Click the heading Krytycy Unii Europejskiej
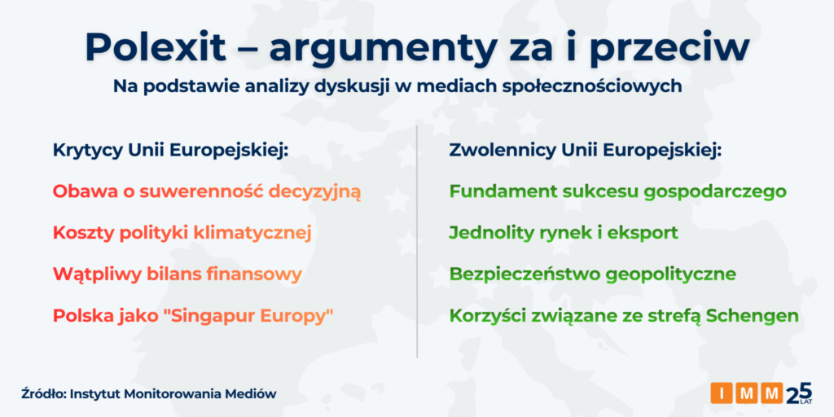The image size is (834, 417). click(x=170, y=151)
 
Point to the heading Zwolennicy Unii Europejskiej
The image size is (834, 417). click(x=585, y=151)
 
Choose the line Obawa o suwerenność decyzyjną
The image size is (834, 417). click(x=207, y=192)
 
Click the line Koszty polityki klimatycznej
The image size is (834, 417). click(x=182, y=234)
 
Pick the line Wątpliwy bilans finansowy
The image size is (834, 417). click(x=177, y=274)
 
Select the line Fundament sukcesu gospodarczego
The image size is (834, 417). click(x=617, y=192)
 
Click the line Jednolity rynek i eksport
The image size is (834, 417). click(x=564, y=234)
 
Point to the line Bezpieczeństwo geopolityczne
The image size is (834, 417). click(x=593, y=274)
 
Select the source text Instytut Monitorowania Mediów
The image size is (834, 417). click(x=173, y=394)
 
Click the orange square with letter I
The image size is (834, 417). click(x=722, y=393)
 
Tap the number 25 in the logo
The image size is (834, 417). click(x=798, y=393)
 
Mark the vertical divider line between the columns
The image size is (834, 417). click(x=417, y=241)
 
